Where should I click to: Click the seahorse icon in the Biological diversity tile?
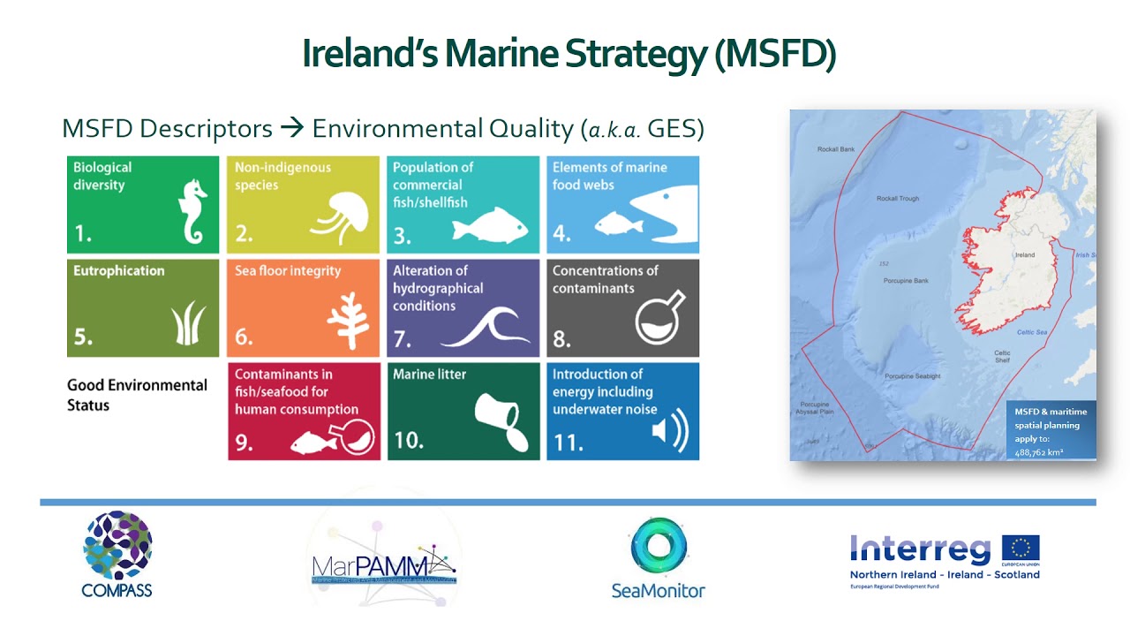(192, 212)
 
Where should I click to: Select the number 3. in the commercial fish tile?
(403, 235)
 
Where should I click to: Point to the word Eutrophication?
(118, 271)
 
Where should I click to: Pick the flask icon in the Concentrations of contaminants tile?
(659, 317)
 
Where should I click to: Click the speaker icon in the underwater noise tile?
(669, 431)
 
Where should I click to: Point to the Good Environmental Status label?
(137, 395)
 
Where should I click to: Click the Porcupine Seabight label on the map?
(913, 376)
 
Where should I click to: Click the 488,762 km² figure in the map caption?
(1038, 452)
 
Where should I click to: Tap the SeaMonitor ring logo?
(659, 547)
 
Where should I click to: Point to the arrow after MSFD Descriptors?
(291, 129)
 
